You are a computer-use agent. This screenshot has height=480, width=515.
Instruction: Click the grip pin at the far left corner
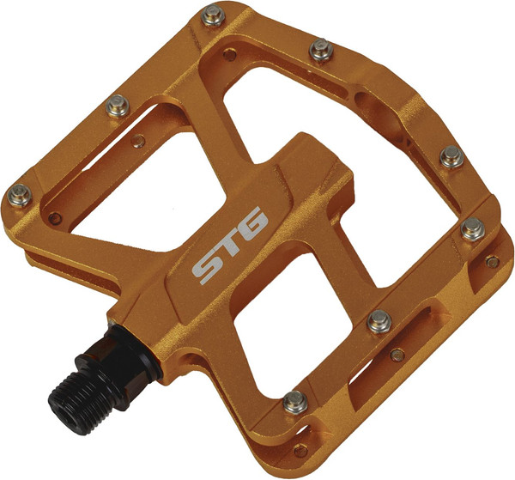[x=15, y=192]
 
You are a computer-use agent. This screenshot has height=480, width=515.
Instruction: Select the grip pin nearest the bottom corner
[x=294, y=398]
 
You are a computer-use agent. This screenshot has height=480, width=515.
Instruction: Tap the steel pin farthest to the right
[x=472, y=229]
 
